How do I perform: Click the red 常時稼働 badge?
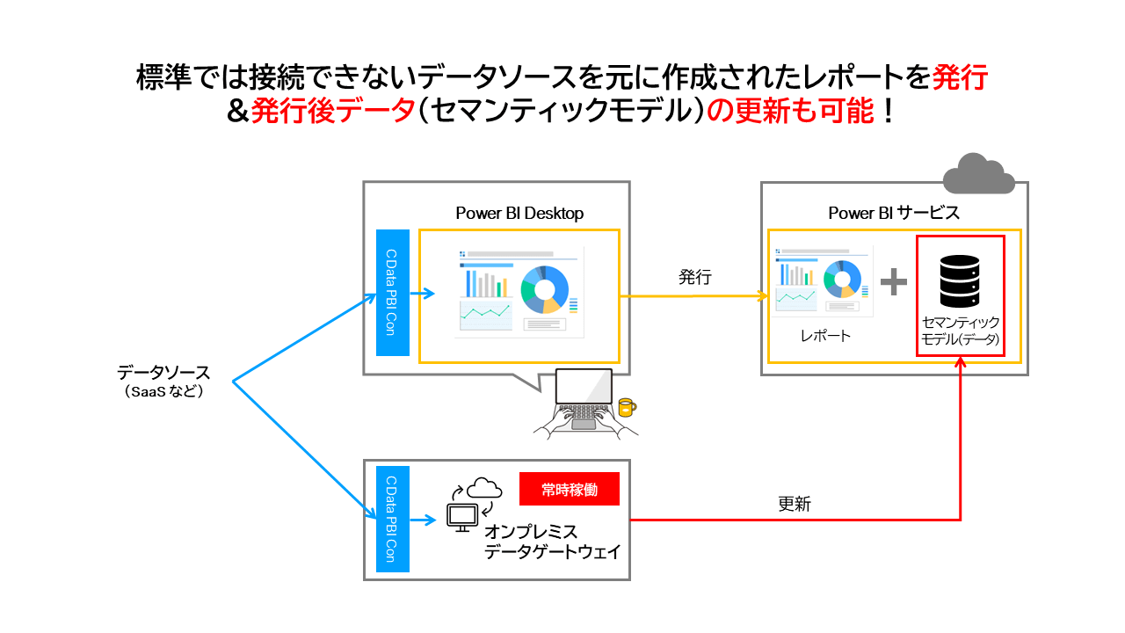point(570,490)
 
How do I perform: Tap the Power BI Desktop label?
point(519,213)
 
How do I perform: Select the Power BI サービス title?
point(894,213)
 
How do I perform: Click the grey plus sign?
point(893,281)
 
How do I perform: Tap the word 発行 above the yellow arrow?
point(694,276)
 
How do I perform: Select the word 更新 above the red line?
point(795,504)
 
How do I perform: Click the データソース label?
point(164,373)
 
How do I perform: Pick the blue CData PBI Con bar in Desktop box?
point(393,292)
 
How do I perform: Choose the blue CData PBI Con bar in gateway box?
point(393,519)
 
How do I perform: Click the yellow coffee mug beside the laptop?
point(626,406)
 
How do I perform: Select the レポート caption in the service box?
point(824,335)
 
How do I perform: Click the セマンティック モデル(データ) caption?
point(959,331)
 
